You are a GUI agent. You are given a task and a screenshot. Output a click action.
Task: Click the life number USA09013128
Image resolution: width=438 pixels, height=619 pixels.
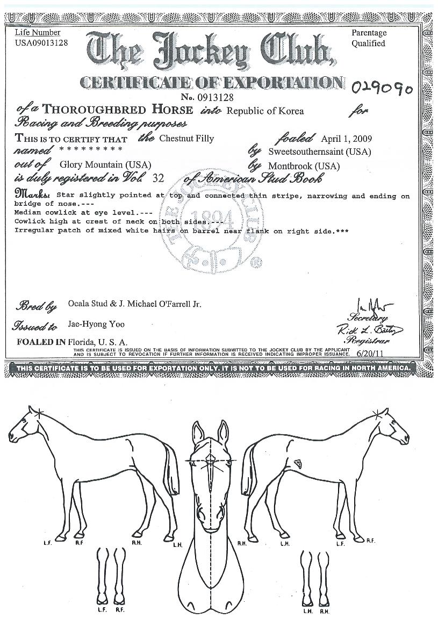tap(41, 43)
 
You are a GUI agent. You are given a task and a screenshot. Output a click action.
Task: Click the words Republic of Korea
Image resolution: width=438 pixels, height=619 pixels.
tap(265, 111)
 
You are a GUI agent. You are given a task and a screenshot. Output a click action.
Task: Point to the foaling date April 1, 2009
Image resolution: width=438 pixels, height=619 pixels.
tap(346, 138)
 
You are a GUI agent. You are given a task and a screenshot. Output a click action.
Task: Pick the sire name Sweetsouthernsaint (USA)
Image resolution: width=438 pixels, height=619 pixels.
tap(319, 152)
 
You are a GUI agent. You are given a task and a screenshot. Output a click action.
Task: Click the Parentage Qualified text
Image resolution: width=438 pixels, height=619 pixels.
tap(369, 38)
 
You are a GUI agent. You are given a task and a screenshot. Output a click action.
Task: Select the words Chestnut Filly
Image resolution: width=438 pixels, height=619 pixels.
tap(186, 138)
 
